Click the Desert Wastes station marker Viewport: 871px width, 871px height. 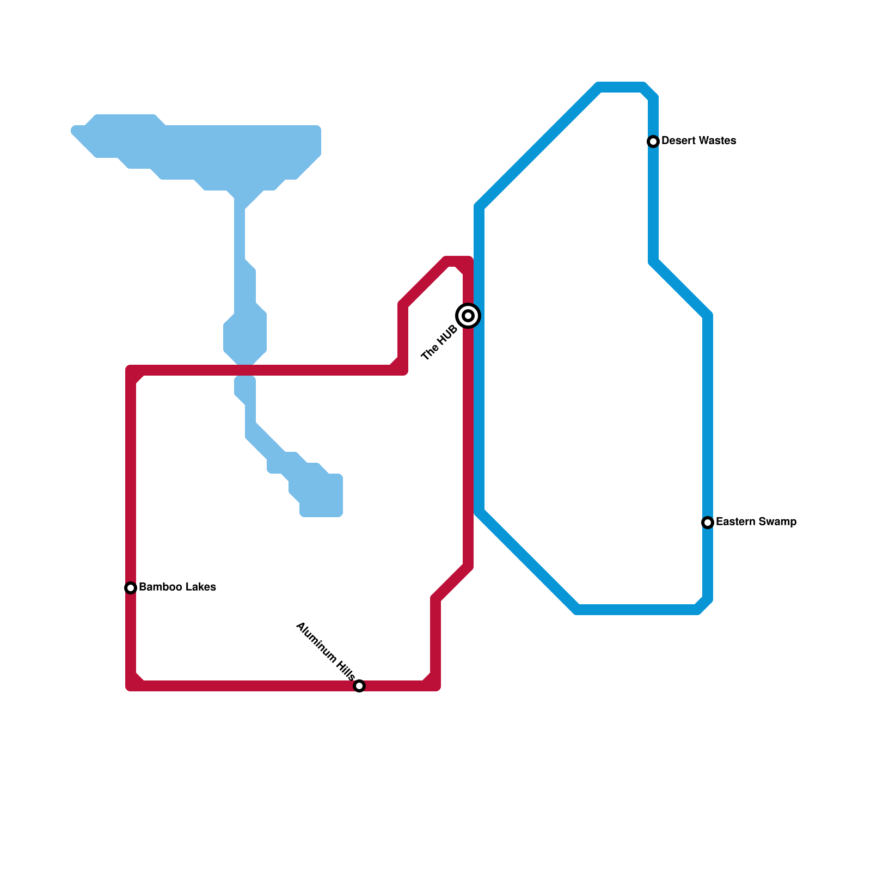(653, 142)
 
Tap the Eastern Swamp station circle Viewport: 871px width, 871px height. (708, 523)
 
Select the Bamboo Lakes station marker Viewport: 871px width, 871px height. (131, 588)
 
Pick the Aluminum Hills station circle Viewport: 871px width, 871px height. (359, 686)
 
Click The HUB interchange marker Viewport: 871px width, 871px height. (468, 316)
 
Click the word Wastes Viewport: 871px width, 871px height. (717, 141)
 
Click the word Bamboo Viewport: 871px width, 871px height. (156, 587)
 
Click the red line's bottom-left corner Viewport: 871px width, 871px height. (131, 685)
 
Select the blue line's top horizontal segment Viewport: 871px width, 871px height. (621, 88)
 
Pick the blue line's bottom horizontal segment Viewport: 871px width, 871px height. (637, 610)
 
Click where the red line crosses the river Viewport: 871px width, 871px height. (245, 371)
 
